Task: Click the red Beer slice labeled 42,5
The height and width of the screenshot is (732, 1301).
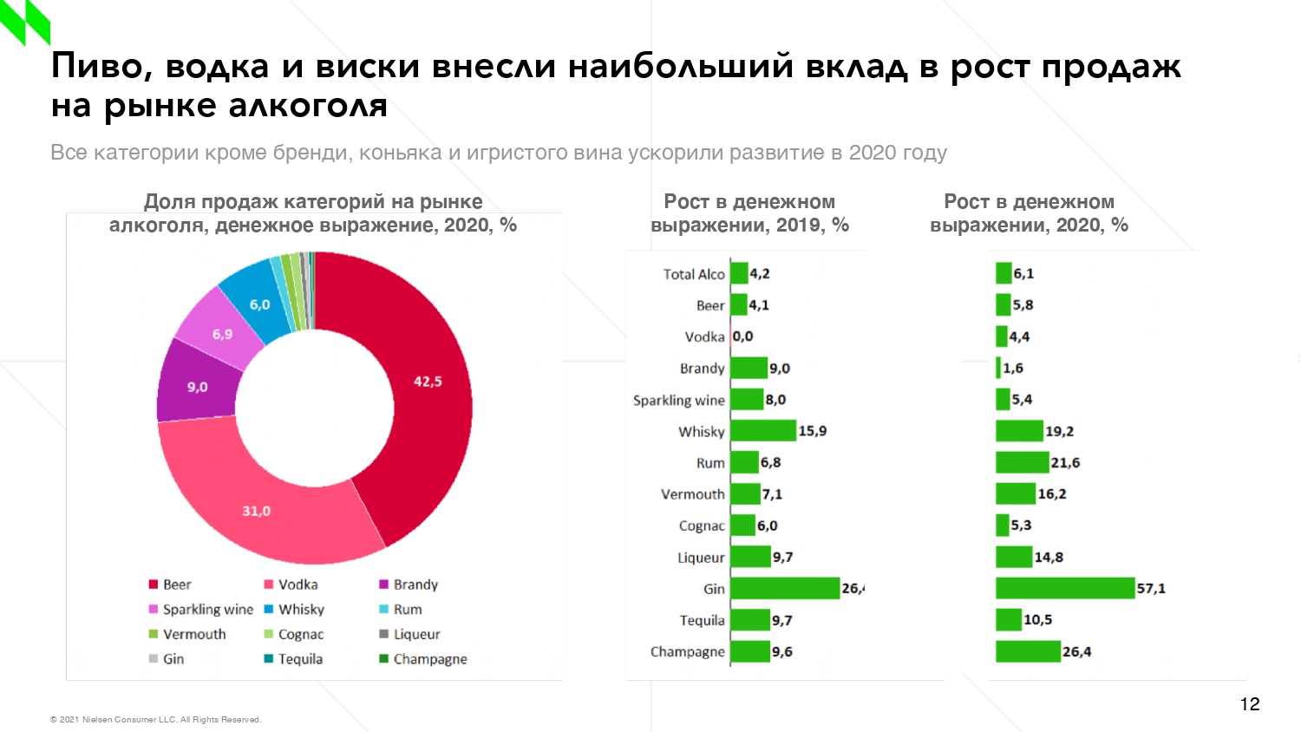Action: [416, 390]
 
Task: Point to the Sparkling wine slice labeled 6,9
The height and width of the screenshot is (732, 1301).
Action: [220, 333]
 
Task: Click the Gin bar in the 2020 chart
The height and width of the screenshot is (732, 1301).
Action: [1064, 588]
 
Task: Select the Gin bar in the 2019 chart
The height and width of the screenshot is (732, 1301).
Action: [785, 588]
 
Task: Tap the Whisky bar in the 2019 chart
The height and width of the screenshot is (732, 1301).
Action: [763, 431]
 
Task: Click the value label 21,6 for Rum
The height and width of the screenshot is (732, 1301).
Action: [1065, 463]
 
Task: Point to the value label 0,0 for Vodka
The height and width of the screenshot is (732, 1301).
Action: [743, 337]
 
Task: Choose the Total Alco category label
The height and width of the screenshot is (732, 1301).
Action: [693, 274]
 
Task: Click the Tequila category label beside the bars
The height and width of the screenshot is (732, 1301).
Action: [702, 620]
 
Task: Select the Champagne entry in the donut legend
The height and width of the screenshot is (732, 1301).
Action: [429, 659]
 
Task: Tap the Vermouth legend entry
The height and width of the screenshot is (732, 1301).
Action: [193, 634]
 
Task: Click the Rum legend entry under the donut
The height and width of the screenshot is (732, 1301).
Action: [407, 610]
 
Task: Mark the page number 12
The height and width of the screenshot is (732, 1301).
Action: [1249, 704]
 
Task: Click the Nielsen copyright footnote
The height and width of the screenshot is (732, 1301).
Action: [155, 720]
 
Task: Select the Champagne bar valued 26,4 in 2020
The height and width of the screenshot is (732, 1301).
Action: [1028, 651]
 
